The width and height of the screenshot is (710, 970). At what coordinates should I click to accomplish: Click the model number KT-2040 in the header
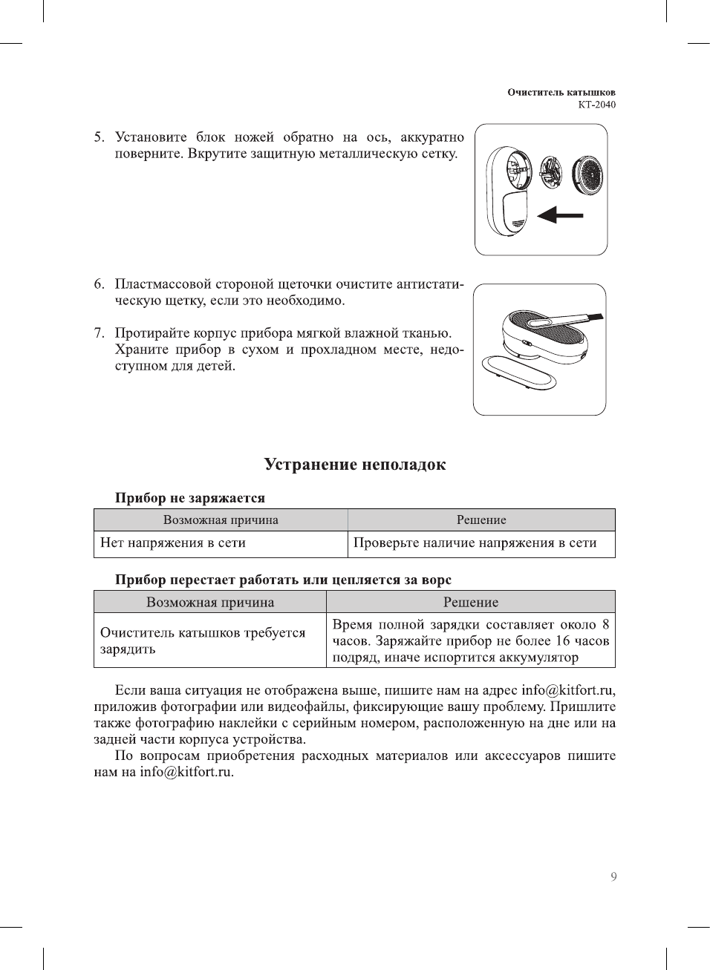tap(596, 105)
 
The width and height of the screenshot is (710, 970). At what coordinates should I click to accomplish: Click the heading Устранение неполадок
tap(355, 465)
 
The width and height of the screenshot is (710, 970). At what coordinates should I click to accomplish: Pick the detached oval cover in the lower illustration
tap(518, 373)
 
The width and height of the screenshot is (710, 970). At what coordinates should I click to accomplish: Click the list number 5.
tap(99, 137)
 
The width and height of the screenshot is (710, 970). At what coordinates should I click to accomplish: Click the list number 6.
tap(99, 284)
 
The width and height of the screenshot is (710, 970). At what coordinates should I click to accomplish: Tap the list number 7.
tap(99, 333)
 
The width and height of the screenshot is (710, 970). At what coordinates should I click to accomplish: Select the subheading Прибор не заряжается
tap(189, 498)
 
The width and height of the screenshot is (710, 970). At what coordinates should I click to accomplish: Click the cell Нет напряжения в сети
tap(173, 543)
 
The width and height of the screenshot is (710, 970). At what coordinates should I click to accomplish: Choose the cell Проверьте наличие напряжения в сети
tap(475, 543)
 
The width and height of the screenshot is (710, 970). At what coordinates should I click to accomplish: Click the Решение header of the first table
tap(481, 520)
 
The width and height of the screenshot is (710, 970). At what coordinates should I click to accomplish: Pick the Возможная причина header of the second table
tap(210, 602)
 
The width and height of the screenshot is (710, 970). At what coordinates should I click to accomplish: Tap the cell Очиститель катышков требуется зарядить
tap(203, 640)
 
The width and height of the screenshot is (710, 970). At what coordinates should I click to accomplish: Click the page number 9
tap(613, 877)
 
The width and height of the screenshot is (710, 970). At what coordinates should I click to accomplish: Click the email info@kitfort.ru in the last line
tap(186, 772)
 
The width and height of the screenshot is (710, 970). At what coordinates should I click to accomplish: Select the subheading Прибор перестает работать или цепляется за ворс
tap(283, 580)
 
